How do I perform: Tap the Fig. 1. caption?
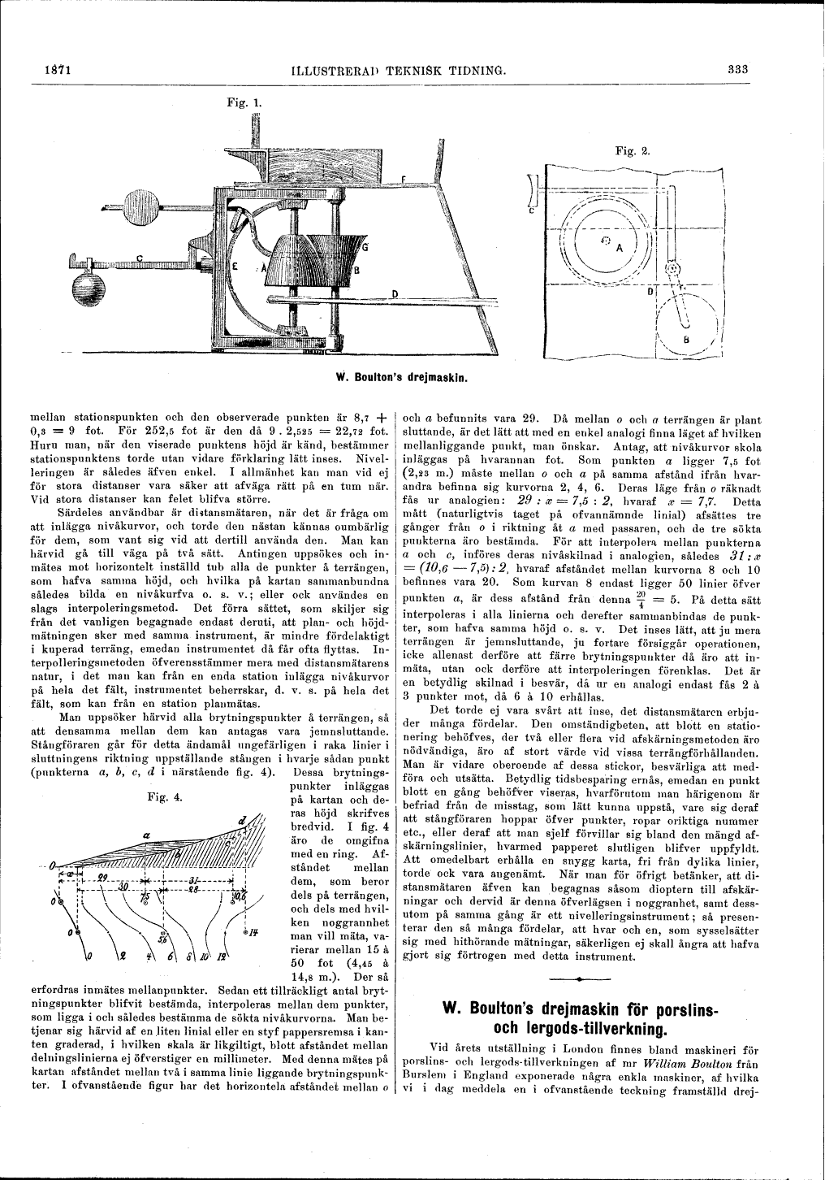click(x=244, y=103)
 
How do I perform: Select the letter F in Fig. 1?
click(x=403, y=179)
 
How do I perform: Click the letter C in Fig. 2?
click(x=530, y=209)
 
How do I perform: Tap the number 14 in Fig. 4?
click(x=254, y=931)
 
